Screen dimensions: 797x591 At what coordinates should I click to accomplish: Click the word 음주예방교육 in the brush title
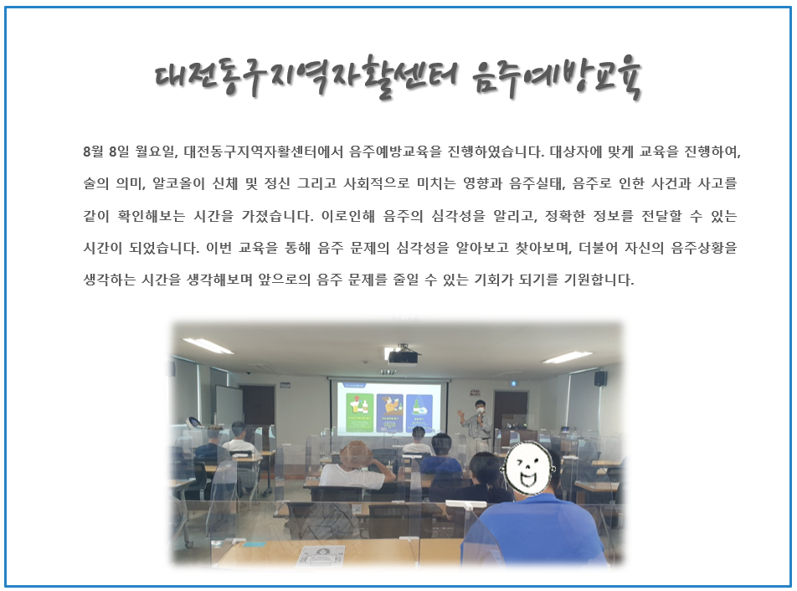point(557,77)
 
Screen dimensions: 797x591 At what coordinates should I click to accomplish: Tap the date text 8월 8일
point(106,152)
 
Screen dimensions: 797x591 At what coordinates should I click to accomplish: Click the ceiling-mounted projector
point(403,356)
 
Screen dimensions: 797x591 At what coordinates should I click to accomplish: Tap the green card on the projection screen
point(360,413)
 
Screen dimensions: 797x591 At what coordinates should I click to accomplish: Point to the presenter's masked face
point(480,405)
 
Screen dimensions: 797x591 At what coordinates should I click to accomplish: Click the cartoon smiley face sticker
point(528,467)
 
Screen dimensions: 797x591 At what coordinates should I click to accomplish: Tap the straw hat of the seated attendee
point(355,454)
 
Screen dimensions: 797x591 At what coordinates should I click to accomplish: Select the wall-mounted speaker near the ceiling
point(600,378)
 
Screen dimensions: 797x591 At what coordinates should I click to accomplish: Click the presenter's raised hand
point(461,414)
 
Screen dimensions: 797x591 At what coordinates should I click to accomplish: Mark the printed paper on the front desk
point(321,555)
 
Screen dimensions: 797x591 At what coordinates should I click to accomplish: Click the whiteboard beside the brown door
point(229,405)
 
